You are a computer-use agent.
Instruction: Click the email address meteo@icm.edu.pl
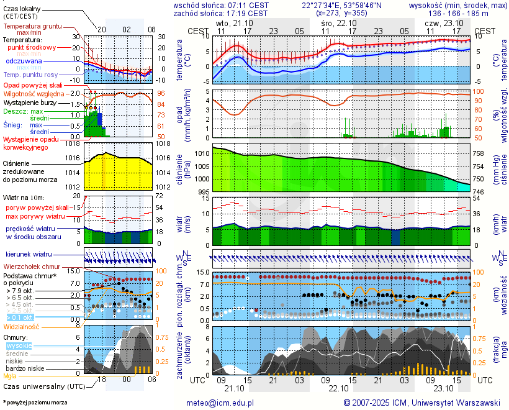(x=220, y=403)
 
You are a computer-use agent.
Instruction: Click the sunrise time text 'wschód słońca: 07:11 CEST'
(x=221, y=4)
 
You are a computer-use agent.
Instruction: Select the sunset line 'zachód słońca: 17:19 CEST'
(x=221, y=12)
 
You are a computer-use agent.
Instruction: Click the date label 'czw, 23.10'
(x=440, y=23)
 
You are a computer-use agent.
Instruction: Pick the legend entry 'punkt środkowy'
(x=32, y=47)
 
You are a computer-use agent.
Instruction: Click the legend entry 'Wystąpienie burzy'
(x=29, y=102)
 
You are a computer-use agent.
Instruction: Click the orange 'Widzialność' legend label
(x=22, y=326)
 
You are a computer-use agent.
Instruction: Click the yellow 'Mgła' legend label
(x=10, y=376)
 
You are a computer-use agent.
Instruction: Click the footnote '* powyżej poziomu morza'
(x=35, y=403)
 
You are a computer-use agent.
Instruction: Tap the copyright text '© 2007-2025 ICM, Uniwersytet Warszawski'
(x=422, y=403)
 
